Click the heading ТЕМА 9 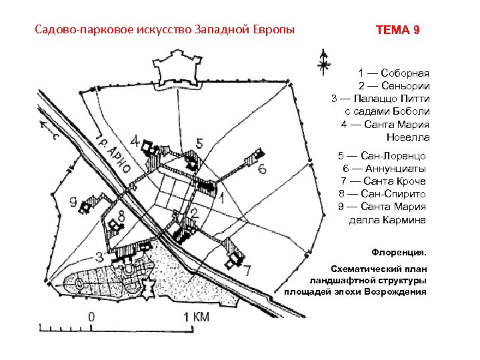click(398, 31)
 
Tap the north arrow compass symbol click(323, 62)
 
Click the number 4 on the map click(137, 141)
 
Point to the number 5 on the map click(199, 143)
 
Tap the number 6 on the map click(263, 169)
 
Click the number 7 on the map click(247, 269)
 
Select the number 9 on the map click(73, 199)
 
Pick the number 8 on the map click(121, 215)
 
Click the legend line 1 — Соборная click(394, 73)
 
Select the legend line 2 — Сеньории click(393, 85)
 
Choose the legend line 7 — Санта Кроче click(383, 181)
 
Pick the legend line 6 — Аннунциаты click(384, 169)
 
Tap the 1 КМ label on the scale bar click(196, 317)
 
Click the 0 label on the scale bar click(91, 317)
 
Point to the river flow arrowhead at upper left click(43, 125)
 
